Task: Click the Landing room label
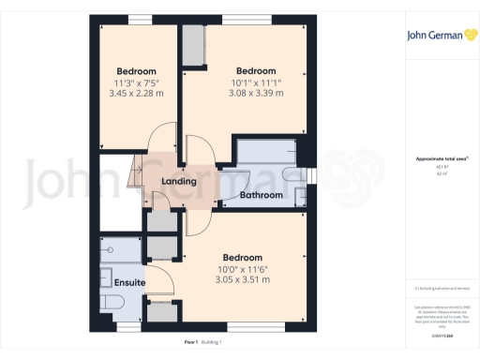click(178, 181)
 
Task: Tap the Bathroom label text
click(261, 195)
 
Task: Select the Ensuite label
click(130, 280)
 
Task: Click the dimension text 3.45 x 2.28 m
click(136, 94)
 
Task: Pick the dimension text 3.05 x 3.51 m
click(242, 279)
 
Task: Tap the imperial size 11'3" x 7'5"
click(136, 82)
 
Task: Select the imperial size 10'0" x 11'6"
click(242, 268)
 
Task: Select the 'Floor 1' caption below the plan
click(191, 342)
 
